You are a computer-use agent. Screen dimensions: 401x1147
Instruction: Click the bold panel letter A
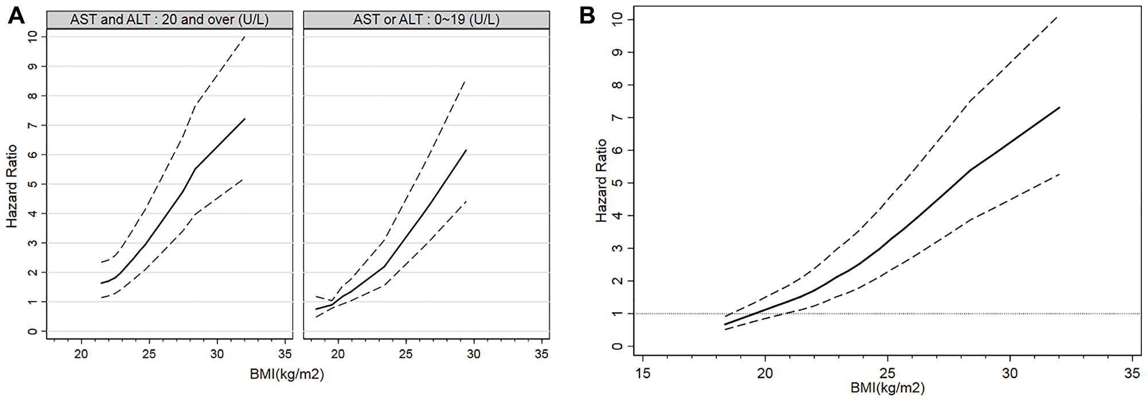16,15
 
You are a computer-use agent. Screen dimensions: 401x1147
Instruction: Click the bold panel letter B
587,15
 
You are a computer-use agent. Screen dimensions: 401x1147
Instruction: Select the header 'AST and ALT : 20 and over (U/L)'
169,20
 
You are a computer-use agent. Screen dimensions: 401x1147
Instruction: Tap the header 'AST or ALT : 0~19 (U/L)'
426,20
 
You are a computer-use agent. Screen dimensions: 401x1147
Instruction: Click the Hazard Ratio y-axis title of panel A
12,186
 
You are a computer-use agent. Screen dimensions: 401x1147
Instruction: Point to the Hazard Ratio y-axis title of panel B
600,180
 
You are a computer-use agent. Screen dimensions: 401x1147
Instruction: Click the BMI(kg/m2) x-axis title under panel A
287,375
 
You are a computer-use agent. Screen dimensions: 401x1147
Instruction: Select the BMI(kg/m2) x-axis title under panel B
887,388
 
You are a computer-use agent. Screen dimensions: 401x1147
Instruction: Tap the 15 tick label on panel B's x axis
643,373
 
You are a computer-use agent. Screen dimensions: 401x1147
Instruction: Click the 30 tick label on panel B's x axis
1009,373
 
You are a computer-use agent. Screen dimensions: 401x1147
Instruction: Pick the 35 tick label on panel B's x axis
1132,373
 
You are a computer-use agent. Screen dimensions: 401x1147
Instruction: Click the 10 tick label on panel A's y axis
33,36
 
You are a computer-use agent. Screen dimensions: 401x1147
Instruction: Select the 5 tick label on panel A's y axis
33,184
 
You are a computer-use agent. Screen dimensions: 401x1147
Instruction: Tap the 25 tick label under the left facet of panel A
149,354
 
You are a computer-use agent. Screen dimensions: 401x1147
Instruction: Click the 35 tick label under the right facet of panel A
541,354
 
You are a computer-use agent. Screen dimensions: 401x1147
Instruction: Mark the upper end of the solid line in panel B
1059,107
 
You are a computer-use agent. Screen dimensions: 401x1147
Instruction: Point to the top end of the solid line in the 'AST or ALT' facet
466,150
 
